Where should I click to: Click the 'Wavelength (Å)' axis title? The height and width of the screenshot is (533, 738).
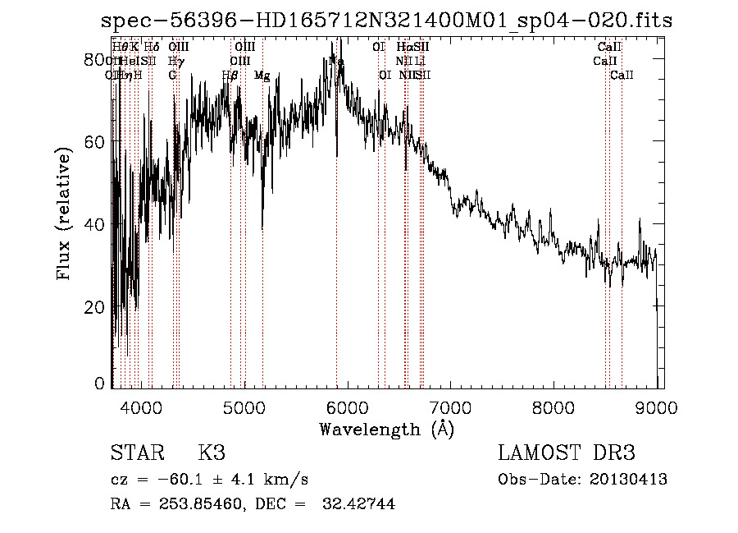(386, 429)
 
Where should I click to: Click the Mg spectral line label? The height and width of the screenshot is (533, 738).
(262, 76)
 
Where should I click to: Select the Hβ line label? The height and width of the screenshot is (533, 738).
(230, 76)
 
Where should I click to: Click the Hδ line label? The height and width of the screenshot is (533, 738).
(151, 48)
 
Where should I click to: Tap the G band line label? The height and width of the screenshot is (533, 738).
(172, 76)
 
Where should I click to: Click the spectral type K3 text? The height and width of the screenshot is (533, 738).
(212, 453)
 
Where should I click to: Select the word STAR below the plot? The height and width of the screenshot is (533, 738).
(138, 453)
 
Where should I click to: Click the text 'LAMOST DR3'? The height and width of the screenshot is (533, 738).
(567, 453)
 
